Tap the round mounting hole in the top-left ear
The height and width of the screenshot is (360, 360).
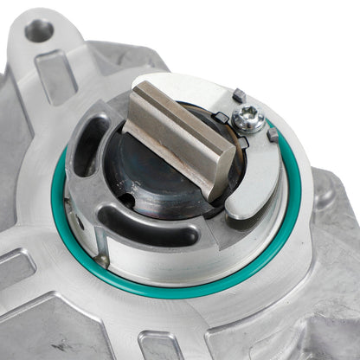[x=38, y=32]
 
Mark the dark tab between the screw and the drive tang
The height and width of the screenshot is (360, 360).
[x=221, y=117]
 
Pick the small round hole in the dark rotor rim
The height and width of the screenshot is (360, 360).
[x=127, y=200]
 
